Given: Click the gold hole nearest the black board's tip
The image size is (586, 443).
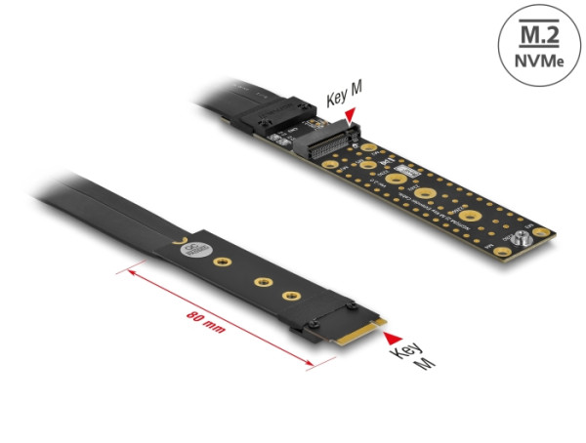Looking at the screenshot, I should click(290, 295).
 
